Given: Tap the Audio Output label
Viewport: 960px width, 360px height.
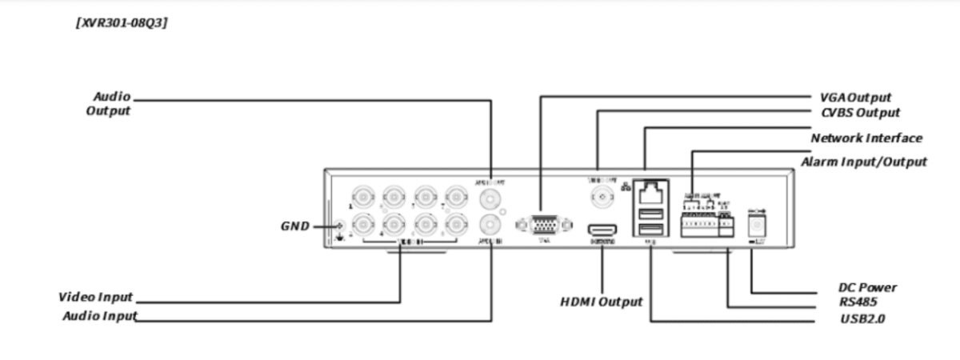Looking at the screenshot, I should point(108,103).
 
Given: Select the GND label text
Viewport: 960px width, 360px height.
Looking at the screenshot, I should point(295,226).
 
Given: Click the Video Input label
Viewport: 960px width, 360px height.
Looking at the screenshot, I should point(95,298).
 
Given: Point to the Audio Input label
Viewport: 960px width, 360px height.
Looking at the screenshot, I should point(99,316).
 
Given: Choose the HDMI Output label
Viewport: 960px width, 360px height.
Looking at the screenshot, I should point(601,302).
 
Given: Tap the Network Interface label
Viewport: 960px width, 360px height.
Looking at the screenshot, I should point(866,138).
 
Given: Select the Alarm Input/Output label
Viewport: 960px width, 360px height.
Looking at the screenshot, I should point(863,162).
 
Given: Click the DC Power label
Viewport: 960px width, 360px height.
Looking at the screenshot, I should point(867,287).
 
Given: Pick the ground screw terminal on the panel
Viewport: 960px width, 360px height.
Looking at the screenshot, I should point(340,227).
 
